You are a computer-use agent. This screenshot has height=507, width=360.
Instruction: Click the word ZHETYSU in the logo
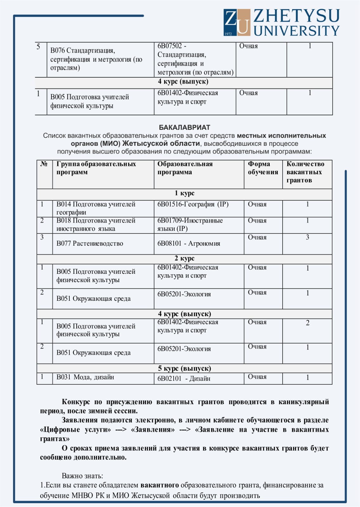click(296, 16)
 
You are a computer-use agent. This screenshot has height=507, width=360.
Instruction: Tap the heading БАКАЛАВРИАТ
click(184, 127)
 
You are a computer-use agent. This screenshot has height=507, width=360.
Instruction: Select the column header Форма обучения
click(263, 168)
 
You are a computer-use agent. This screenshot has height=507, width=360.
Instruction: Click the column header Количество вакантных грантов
click(305, 172)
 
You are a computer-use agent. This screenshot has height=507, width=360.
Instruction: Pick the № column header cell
click(44, 164)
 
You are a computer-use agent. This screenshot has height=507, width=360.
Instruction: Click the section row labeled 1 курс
click(184, 193)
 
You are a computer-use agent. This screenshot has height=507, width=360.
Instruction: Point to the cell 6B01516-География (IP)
click(193, 204)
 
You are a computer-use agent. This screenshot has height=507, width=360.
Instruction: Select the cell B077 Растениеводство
click(90, 244)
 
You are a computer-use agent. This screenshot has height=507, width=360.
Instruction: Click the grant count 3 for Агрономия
click(307, 237)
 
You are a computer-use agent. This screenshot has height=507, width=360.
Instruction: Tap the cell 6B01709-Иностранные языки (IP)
click(190, 225)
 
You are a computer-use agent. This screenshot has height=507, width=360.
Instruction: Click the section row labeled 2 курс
click(184, 259)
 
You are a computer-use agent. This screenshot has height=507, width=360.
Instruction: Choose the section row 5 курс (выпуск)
click(184, 369)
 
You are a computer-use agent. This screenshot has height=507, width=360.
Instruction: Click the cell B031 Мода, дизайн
click(85, 377)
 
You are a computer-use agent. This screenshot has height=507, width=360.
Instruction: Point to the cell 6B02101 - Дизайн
click(184, 379)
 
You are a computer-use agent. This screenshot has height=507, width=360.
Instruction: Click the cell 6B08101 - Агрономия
click(189, 244)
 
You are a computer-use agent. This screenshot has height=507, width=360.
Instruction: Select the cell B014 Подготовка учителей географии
click(96, 208)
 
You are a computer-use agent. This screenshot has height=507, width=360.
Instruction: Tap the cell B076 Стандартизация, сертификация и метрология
click(96, 59)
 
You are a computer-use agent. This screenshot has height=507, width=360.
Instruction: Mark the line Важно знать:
click(82, 476)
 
